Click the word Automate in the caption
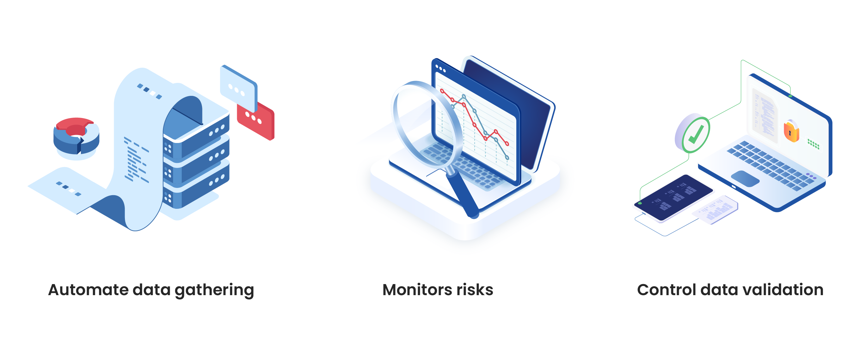[88, 289]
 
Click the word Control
[666, 289]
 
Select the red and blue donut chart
[76, 135]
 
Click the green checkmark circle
[696, 134]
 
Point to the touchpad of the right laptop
[745, 178]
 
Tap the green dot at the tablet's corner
[640, 203]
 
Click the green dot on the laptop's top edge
[790, 96]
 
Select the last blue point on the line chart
[507, 158]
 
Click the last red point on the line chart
[507, 144]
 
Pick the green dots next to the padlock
[813, 144]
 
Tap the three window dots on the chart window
[440, 68]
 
